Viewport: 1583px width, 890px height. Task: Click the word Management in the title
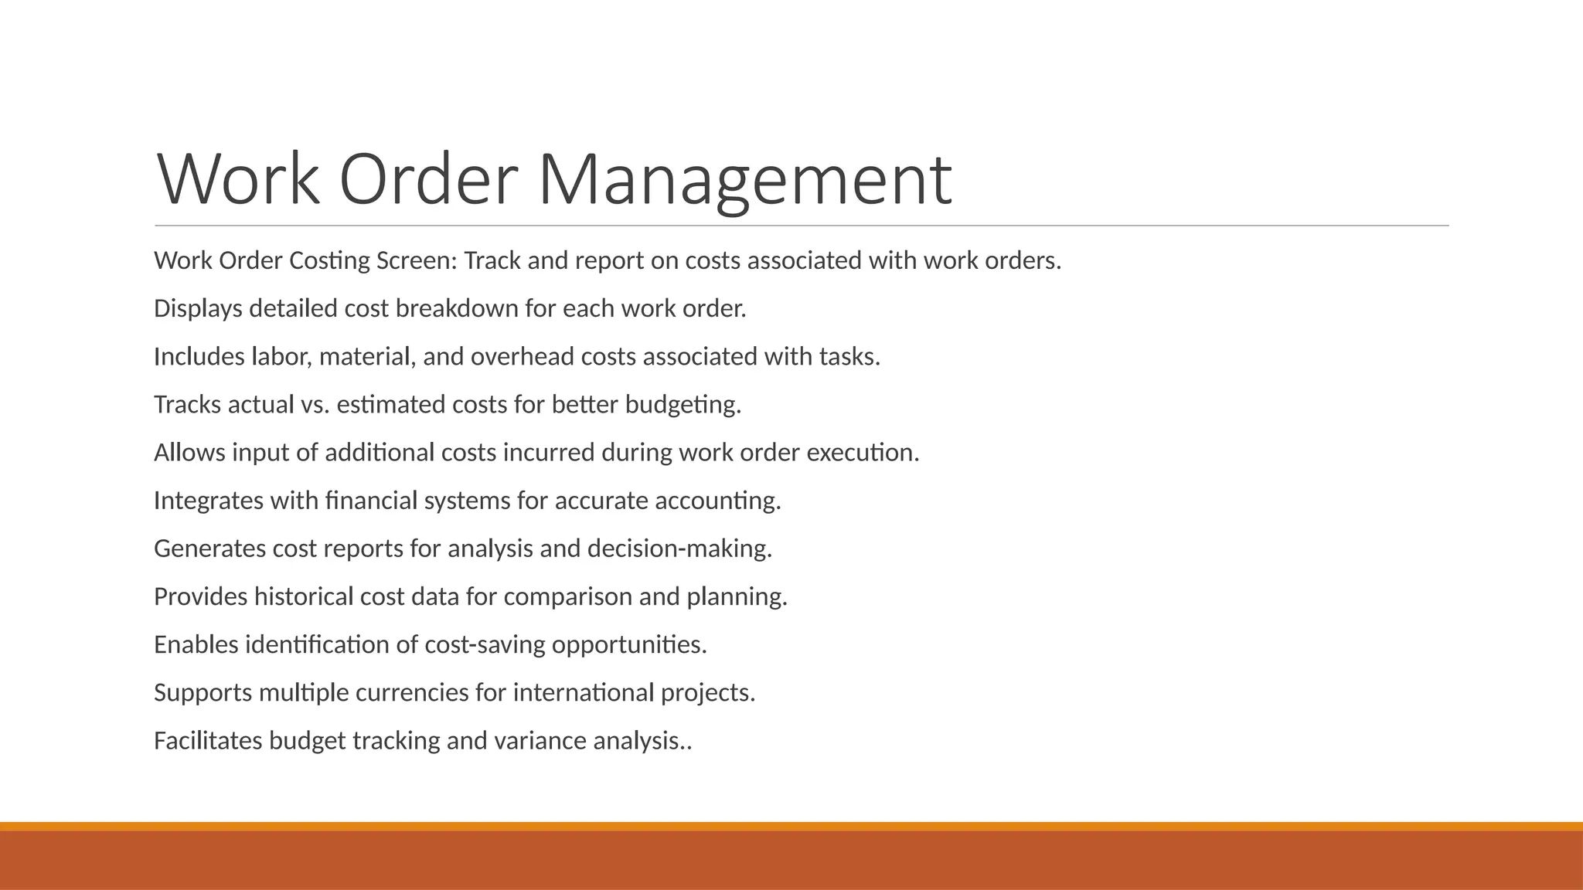tap(744, 179)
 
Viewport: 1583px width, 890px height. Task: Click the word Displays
tap(198, 309)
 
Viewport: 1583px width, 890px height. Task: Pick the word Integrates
tap(209, 501)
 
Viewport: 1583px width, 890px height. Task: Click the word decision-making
tap(679, 549)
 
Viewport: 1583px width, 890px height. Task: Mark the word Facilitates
tap(208, 741)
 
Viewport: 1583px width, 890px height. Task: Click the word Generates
tap(209, 549)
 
